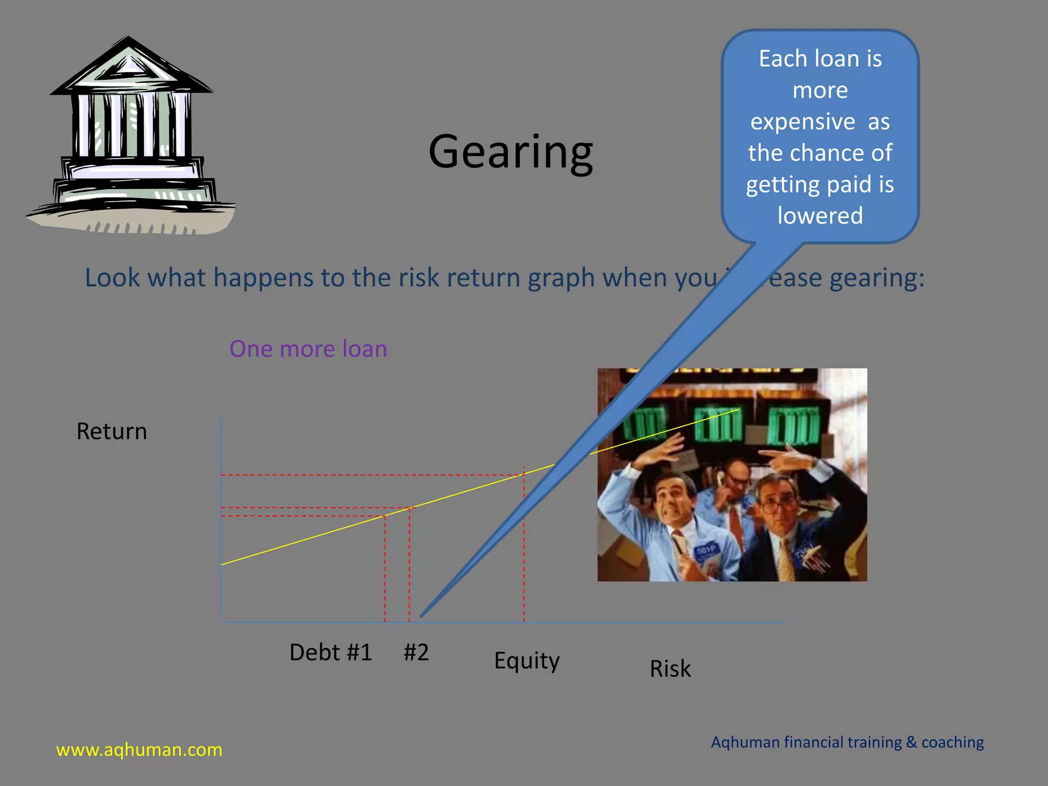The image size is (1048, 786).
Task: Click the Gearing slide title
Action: pos(511,152)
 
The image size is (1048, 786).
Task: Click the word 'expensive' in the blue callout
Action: pos(802,122)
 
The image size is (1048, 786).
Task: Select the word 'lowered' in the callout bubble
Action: pos(820,215)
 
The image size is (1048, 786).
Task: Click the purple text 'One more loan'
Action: pos(308,349)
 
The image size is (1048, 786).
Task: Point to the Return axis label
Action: pos(112,431)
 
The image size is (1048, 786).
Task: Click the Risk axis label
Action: pos(670,669)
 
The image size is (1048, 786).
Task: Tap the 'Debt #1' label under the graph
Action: pos(331,652)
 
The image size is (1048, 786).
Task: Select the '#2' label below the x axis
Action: pos(416,652)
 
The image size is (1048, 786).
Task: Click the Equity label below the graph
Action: pos(527,661)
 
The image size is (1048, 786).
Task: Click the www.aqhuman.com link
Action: pos(139,750)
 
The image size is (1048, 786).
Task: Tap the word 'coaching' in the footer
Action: pos(952,743)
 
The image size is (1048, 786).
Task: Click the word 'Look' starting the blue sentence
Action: pos(112,278)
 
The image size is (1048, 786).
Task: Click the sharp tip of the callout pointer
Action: pos(422,615)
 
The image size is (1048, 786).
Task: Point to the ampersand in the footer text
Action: pos(911,743)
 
